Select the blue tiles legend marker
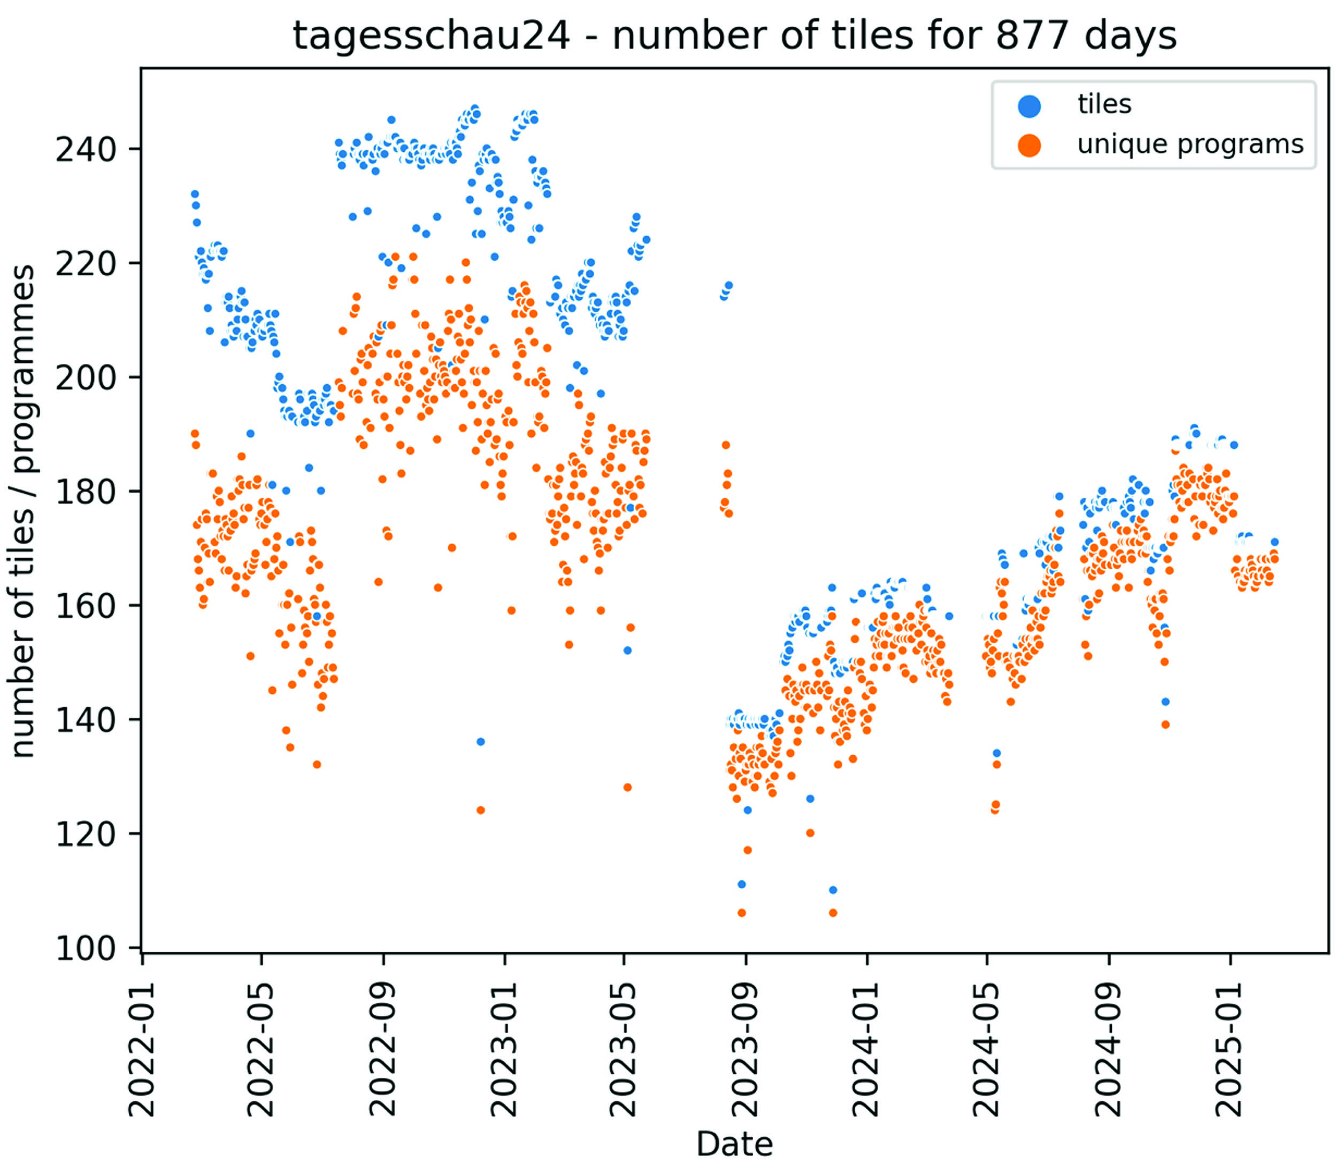coord(1029,106)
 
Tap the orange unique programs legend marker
coord(1029,145)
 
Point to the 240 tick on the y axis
coord(85,150)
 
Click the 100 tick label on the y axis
coord(85,949)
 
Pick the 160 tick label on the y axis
coord(85,606)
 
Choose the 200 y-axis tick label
coord(85,378)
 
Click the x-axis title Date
coord(734,1144)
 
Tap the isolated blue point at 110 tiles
coord(833,890)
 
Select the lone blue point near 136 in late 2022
coord(480,741)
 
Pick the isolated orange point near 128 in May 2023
coord(627,787)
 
